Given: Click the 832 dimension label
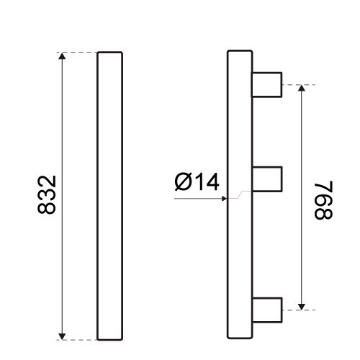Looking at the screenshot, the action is [47, 194].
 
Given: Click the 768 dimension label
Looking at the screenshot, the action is [323, 200].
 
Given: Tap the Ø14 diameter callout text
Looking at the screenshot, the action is [197, 181].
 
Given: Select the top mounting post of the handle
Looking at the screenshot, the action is [266, 85].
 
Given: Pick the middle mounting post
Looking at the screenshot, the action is [267, 179].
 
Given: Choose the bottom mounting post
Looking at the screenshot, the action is [267, 310].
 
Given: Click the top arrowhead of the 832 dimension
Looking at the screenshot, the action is [62, 56].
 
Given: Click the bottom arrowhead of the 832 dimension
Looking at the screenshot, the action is [62, 336].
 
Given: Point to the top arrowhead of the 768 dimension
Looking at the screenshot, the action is [302, 89].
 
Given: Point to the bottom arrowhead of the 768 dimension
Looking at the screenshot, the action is [302, 307].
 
